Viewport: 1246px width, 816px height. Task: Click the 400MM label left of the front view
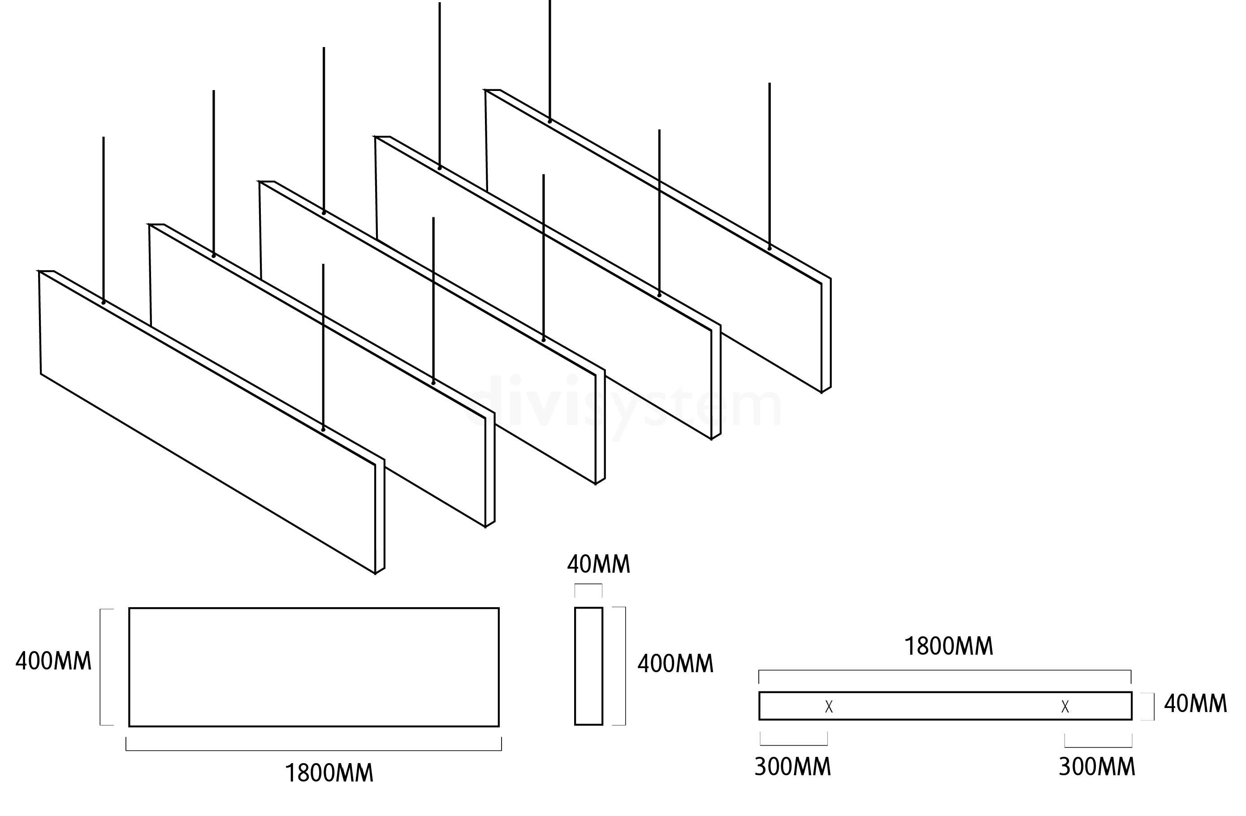(53, 661)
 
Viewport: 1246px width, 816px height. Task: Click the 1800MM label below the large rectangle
(329, 773)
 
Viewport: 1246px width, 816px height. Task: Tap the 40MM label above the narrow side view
(598, 564)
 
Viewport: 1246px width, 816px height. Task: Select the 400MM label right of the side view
(675, 664)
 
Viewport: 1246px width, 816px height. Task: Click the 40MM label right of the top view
(1195, 704)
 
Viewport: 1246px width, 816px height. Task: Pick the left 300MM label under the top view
(792, 767)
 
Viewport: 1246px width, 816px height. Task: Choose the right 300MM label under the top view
(1097, 767)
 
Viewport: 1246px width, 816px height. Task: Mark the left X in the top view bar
(829, 707)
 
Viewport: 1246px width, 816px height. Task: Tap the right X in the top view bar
(1065, 707)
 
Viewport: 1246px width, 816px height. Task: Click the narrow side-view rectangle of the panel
(588, 666)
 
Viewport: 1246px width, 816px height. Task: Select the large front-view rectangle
(314, 667)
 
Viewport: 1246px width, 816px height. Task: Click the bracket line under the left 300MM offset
(794, 744)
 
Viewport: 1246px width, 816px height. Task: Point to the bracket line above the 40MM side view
(588, 584)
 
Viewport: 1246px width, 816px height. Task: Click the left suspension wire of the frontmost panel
(104, 220)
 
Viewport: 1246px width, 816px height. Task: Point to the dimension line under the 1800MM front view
(314, 750)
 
